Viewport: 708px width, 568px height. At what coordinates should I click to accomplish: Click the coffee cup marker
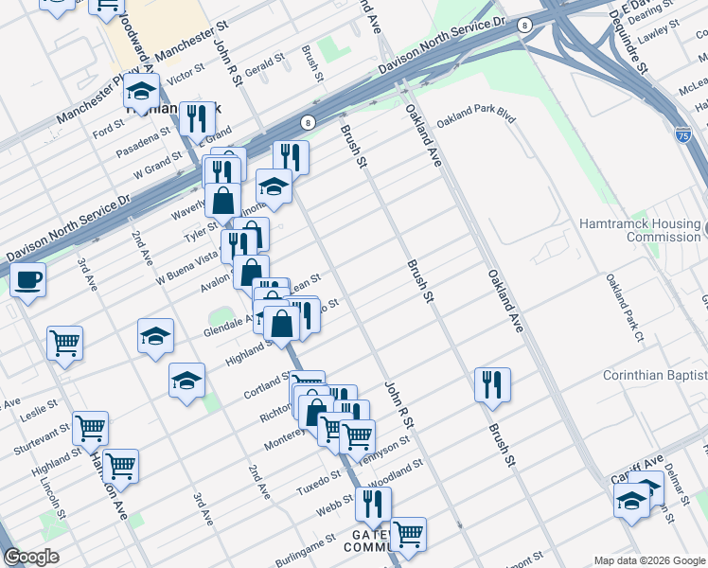click(x=28, y=280)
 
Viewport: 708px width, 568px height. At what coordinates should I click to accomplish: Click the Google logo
click(x=31, y=557)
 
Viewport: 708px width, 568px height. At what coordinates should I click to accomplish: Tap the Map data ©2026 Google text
click(x=649, y=560)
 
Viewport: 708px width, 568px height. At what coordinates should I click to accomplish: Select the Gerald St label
click(x=264, y=66)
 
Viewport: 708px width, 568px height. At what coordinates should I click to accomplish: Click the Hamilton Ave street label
click(x=111, y=483)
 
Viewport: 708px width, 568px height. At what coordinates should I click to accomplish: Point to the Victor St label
click(x=186, y=72)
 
